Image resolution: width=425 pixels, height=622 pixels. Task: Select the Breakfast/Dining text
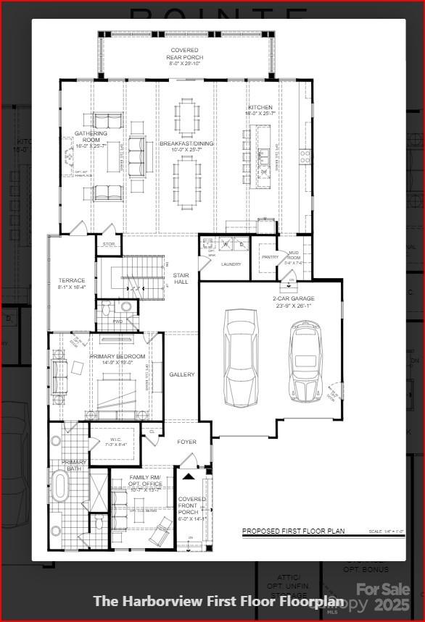(187, 146)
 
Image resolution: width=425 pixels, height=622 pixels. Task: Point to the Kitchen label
(260, 110)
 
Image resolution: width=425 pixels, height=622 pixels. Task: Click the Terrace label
(72, 283)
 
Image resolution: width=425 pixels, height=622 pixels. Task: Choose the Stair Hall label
(181, 278)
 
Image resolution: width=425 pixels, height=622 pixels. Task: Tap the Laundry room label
(231, 264)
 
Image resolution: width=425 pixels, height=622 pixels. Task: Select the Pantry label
(270, 257)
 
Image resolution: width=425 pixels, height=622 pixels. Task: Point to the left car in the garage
(241, 358)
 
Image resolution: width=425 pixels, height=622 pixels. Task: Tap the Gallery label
(182, 374)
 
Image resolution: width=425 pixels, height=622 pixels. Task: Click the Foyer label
(187, 442)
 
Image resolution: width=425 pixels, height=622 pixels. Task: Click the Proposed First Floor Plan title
(293, 531)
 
